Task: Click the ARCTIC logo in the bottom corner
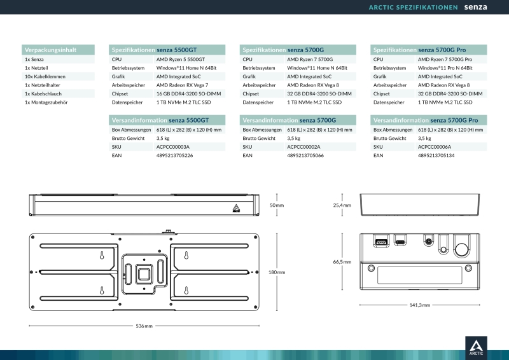(x=476, y=348)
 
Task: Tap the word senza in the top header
(x=475, y=7)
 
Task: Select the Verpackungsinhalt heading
(x=50, y=50)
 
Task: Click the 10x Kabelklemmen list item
(x=45, y=76)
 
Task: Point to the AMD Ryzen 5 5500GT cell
(x=181, y=59)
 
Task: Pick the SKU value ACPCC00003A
(x=172, y=147)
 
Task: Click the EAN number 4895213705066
(x=305, y=155)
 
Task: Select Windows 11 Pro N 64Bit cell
(x=445, y=68)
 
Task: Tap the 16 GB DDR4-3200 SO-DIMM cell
(x=188, y=93)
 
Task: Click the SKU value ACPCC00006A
(x=435, y=147)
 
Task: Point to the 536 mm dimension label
(x=144, y=326)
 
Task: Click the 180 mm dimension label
(x=277, y=272)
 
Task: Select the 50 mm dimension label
(x=277, y=205)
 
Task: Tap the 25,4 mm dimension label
(x=342, y=205)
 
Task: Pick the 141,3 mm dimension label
(x=420, y=305)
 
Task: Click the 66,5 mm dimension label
(x=342, y=262)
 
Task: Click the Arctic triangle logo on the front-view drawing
(x=236, y=208)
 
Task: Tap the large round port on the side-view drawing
(x=462, y=249)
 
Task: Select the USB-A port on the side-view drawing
(x=381, y=242)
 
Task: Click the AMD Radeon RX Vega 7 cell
(x=182, y=85)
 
